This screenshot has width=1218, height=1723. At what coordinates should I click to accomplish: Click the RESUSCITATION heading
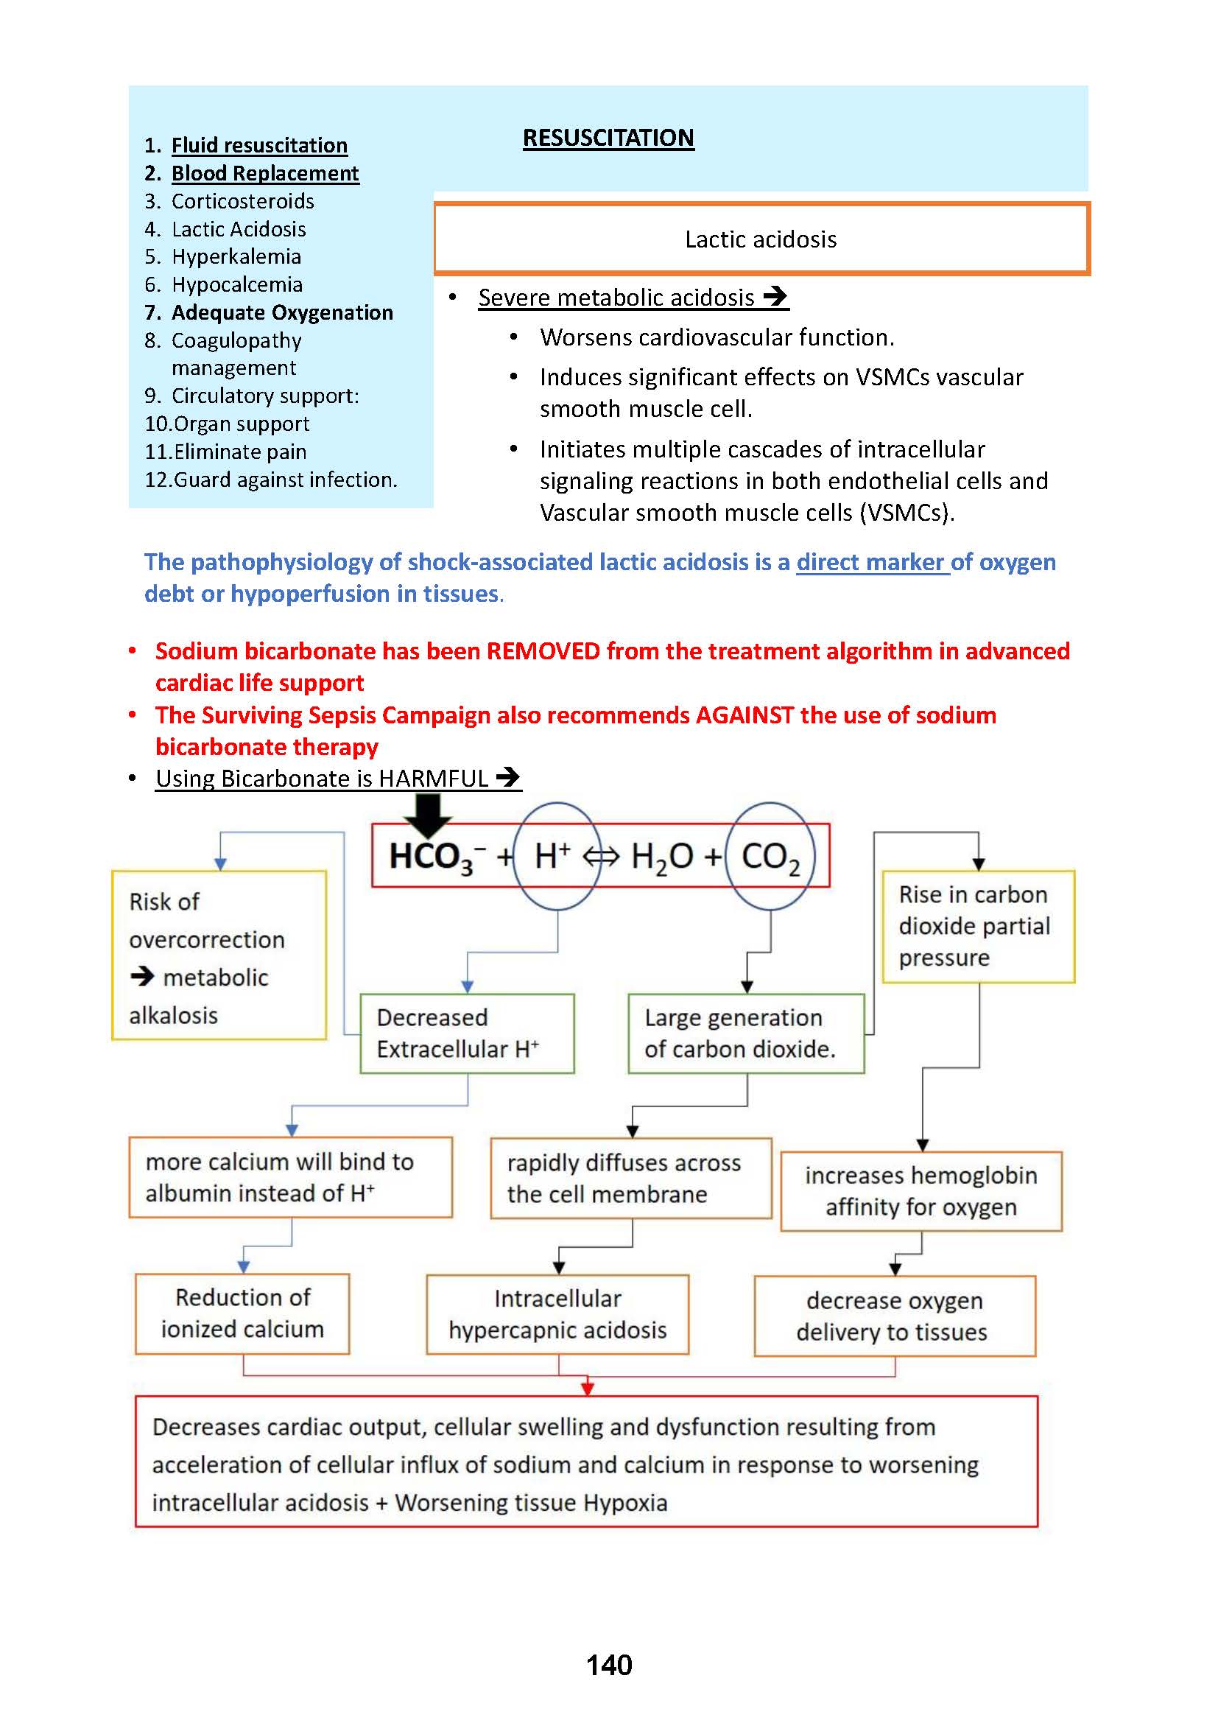pos(608,138)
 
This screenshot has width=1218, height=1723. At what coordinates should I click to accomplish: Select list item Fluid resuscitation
pos(258,145)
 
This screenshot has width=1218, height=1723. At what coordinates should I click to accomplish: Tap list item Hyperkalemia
pos(236,256)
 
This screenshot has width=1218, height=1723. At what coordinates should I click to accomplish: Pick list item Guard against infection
pos(284,480)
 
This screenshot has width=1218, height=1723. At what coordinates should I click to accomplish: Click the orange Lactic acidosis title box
pos(761,239)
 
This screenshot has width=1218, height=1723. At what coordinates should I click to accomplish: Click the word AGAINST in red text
pos(744,715)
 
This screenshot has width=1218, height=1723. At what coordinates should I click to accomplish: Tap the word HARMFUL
pos(434,778)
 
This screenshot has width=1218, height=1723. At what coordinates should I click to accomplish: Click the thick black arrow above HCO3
pos(428,814)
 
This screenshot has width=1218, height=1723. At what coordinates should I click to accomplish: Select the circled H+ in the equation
pos(555,856)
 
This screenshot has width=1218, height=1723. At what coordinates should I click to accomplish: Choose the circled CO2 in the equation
pos(770,856)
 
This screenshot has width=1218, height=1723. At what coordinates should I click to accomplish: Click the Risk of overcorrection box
pos(219,955)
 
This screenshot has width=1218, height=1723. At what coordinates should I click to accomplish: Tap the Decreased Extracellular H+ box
pos(466,1034)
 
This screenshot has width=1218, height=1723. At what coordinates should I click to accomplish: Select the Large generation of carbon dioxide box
pos(745,1034)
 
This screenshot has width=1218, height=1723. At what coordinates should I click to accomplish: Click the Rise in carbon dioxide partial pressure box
pos(978,926)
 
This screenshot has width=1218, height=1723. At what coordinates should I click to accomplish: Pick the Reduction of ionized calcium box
pos(242,1313)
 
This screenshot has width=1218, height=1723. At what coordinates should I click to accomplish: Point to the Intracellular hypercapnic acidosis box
pos(557,1314)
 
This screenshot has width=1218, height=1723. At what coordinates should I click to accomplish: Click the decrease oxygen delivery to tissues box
pos(894,1316)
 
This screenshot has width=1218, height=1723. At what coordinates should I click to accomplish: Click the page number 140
pos(609,1666)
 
